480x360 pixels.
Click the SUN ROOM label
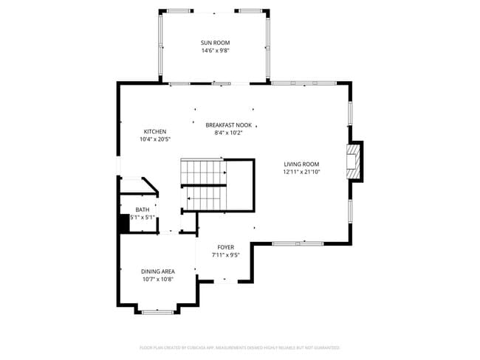[215, 43]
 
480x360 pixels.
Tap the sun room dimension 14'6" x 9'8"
[215, 50]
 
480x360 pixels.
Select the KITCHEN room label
[154, 131]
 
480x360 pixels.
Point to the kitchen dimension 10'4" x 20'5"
[154, 139]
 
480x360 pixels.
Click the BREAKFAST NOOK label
[228, 125]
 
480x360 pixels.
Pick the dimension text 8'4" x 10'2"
[228, 133]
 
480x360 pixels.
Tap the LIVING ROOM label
[301, 164]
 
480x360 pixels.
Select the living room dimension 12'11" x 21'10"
[301, 172]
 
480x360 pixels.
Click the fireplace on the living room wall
[356, 160]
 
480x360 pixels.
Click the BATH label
[142, 210]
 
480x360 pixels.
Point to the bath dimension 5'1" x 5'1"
[143, 218]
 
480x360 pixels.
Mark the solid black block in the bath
[124, 223]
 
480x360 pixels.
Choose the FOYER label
[225, 247]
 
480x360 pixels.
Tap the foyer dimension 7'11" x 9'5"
[225, 255]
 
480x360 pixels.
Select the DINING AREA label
[158, 271]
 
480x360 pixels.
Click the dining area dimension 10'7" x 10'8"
[158, 280]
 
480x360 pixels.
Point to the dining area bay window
[157, 312]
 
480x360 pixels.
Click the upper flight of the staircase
[203, 171]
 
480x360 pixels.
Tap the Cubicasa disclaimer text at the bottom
[239, 347]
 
